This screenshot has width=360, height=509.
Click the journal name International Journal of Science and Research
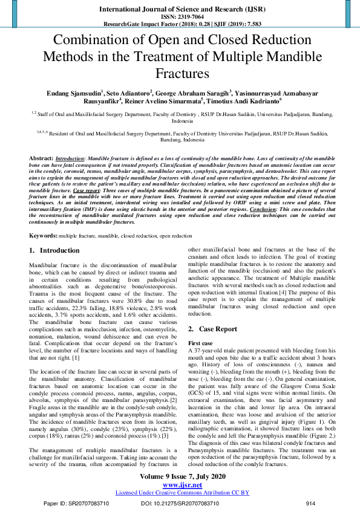pos(180,10)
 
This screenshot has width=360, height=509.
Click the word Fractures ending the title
pos(180,74)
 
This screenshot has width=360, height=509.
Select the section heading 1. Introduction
pos(54,250)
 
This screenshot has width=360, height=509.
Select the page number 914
pos(311,502)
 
